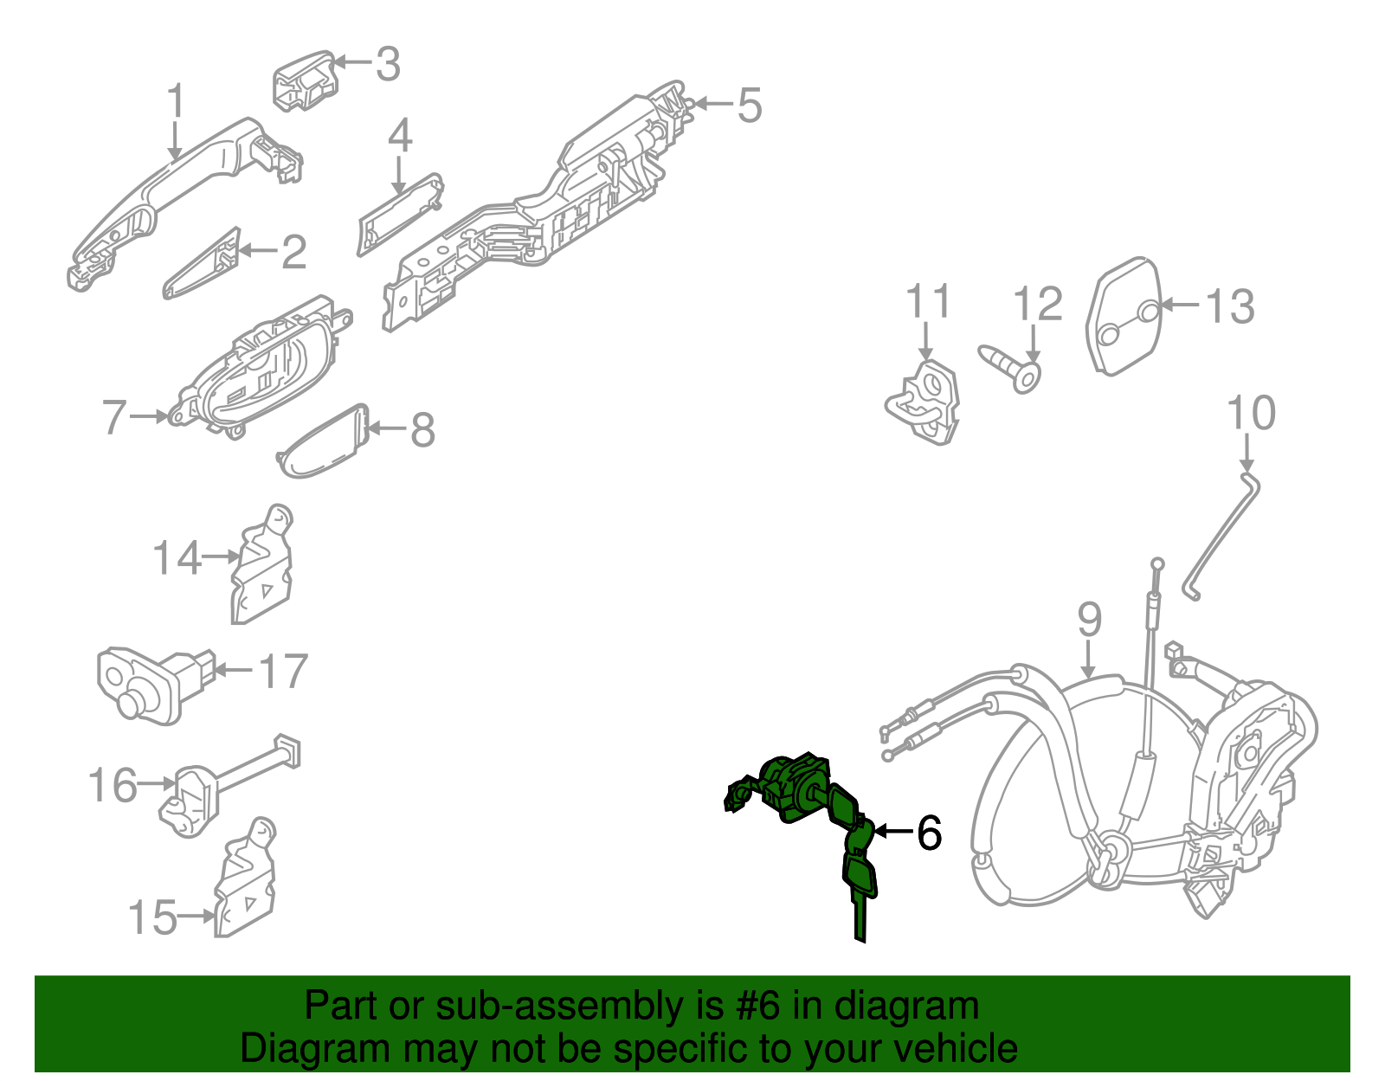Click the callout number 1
coord(176,101)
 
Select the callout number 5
coord(749,106)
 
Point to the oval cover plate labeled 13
coord(1124,316)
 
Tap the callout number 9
coord(1090,621)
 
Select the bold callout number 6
coord(929,833)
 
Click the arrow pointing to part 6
coord(892,832)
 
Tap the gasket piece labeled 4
coord(399,212)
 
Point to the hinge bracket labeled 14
coord(262,567)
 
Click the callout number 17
coord(284,672)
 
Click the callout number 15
coord(153,917)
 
